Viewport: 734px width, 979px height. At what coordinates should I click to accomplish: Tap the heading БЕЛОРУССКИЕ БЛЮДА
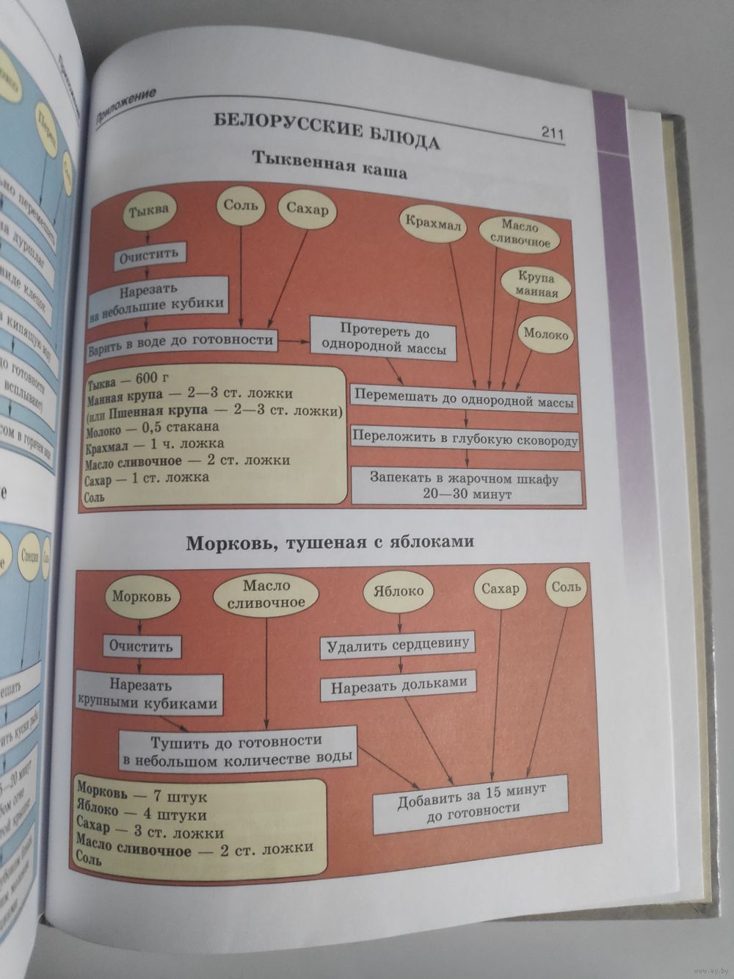(327, 130)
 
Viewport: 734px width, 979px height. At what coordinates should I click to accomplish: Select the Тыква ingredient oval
(148, 211)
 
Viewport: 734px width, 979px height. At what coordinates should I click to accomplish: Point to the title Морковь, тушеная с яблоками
(330, 544)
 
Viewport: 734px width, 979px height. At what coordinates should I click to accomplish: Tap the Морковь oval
(142, 596)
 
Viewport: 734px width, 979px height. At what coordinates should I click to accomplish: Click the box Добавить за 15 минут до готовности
(470, 803)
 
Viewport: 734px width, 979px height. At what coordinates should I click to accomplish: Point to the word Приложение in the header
(127, 106)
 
